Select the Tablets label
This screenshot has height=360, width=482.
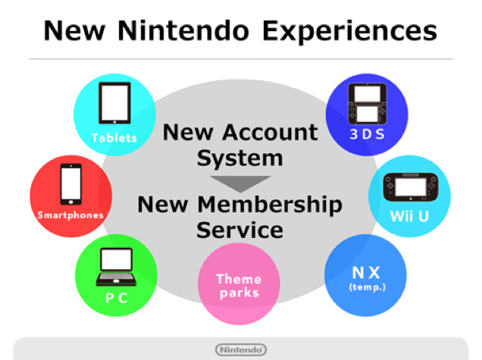pyautogui.click(x=114, y=138)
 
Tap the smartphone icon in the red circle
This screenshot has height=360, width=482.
pyautogui.click(x=70, y=184)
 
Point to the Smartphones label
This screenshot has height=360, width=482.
pyautogui.click(x=70, y=215)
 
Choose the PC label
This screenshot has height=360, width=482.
pyautogui.click(x=115, y=298)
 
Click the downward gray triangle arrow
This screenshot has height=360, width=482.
pyautogui.click(x=240, y=183)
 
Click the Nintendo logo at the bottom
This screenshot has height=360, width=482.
pyautogui.click(x=240, y=349)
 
